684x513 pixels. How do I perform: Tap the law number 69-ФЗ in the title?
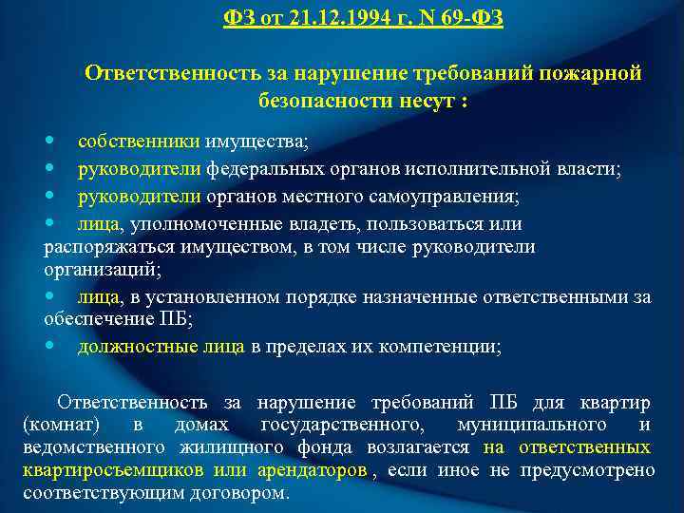467,18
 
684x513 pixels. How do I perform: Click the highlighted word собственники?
138,142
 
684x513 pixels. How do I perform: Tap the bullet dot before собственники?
49,141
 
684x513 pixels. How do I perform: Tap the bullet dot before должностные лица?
49,346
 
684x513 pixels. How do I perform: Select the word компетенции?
452,347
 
